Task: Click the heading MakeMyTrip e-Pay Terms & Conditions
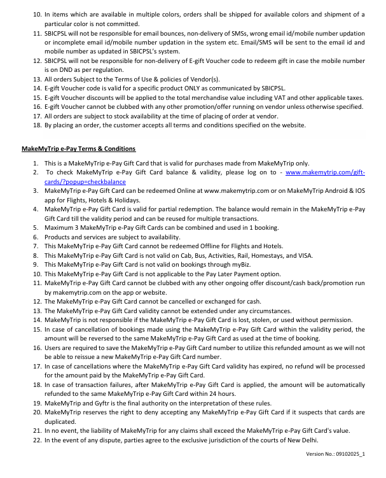tap(78, 149)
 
